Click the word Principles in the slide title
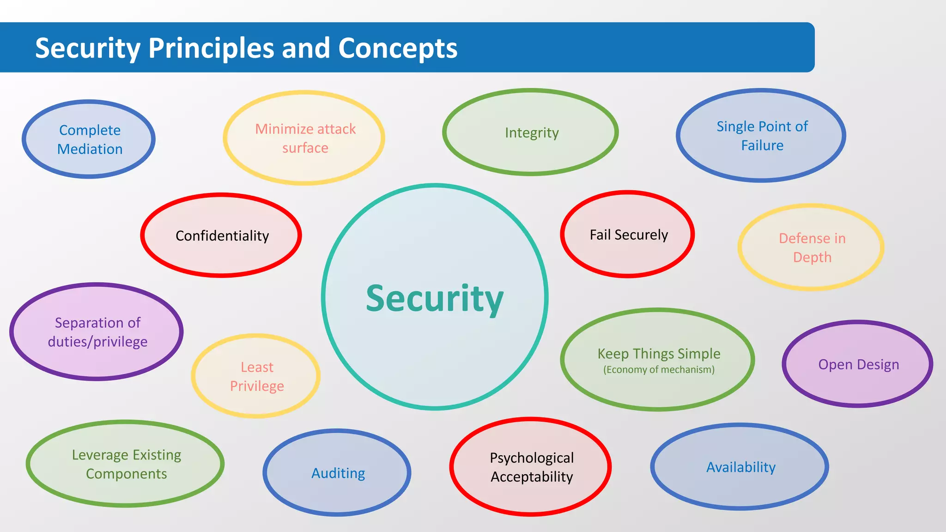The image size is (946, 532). [x=211, y=48]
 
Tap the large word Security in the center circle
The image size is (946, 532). [x=435, y=299]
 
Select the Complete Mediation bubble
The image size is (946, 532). [x=89, y=139]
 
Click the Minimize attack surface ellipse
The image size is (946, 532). [x=304, y=138]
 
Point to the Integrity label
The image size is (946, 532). [x=532, y=133]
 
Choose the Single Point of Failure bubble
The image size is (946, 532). [x=761, y=135]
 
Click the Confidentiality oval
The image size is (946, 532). [x=222, y=236]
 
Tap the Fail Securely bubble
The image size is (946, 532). [x=628, y=235]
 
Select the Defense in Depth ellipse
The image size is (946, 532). [x=812, y=248]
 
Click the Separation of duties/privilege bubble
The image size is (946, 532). [x=97, y=332]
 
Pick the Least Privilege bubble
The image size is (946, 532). [x=256, y=376]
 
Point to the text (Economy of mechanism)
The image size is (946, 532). [x=659, y=370]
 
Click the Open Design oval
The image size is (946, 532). [x=858, y=364]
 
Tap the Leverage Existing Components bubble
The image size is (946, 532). [x=126, y=464]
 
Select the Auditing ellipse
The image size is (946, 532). [x=338, y=473]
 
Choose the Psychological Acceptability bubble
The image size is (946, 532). [x=531, y=467]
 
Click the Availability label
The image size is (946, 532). [x=740, y=467]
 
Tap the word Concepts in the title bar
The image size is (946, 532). [x=398, y=48]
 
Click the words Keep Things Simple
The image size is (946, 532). [x=659, y=354]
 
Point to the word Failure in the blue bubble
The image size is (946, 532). [x=762, y=145]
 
